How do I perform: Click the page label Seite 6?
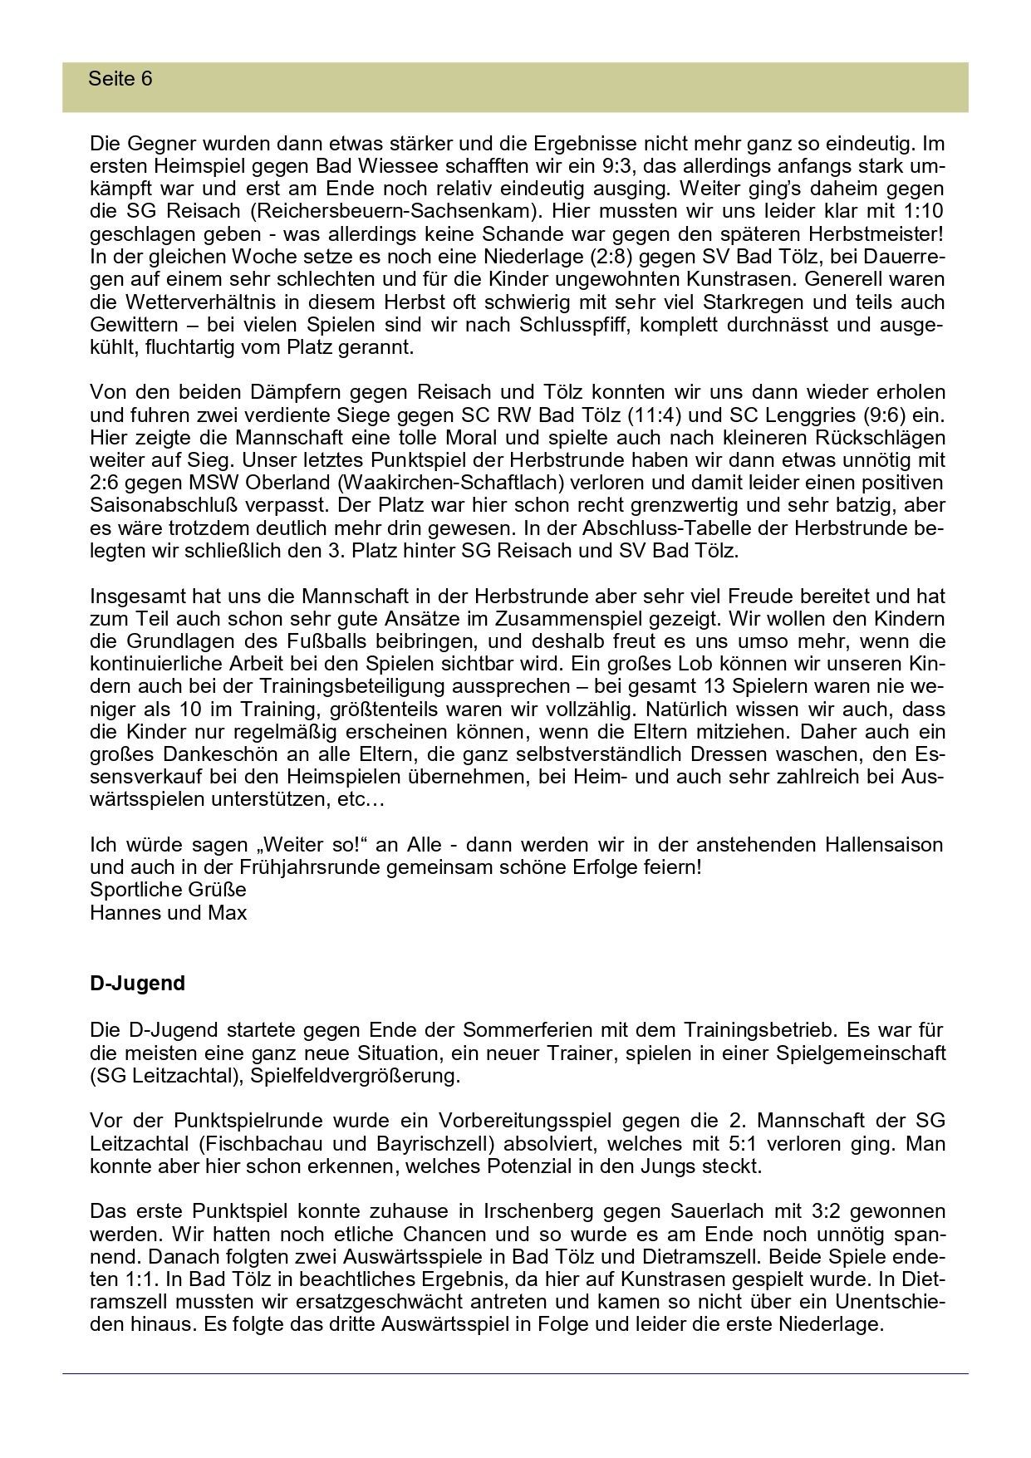pyautogui.click(x=120, y=79)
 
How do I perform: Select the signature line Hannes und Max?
pyautogui.click(x=169, y=912)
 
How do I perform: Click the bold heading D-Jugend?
pyautogui.click(x=137, y=984)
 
